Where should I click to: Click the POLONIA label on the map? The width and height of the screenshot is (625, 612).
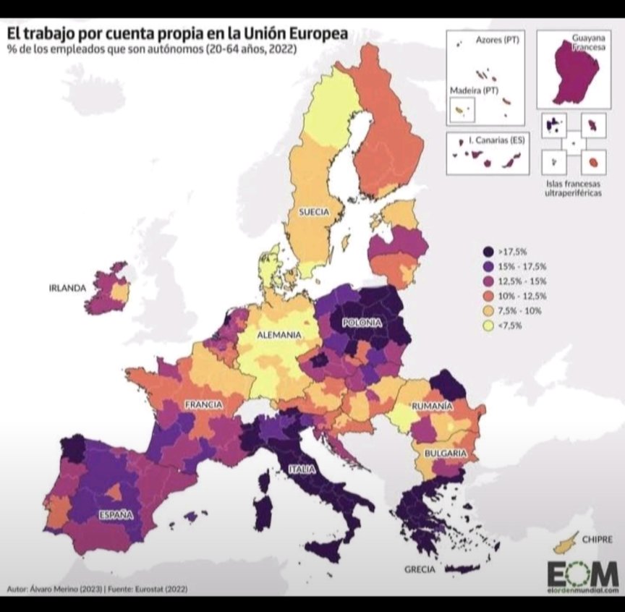362,323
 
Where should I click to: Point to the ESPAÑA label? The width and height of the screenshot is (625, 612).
116,515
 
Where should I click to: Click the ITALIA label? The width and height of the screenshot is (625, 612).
302,469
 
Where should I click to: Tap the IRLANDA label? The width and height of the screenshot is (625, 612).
67,287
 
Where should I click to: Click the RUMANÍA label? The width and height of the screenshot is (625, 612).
433,407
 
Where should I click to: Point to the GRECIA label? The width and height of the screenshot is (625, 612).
420,569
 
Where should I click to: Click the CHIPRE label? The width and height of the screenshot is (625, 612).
596,539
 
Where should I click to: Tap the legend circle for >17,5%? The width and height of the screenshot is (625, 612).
489,251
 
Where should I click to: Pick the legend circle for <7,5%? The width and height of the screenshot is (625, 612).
489,326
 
